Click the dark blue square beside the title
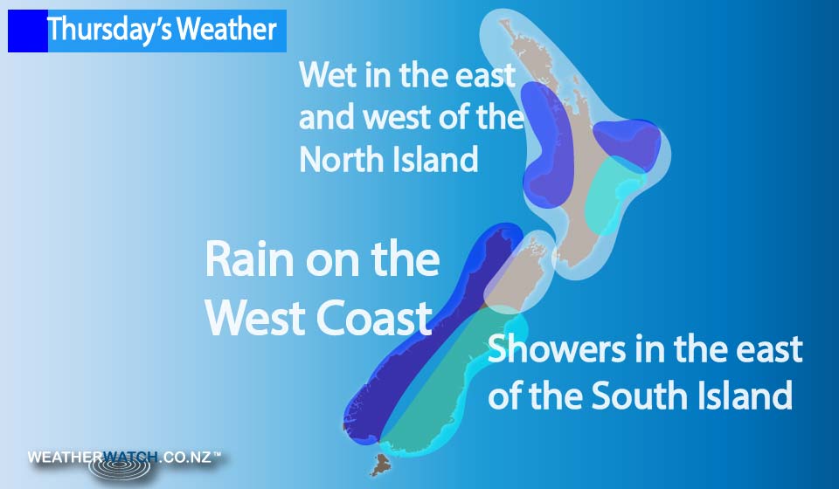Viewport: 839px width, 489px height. click(x=28, y=31)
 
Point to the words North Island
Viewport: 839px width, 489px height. click(x=388, y=159)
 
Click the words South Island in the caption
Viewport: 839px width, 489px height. click(x=692, y=396)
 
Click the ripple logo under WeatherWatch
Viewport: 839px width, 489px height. click(x=120, y=467)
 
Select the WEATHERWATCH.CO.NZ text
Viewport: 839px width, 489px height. click(x=124, y=458)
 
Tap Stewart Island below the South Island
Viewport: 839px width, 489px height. click(x=381, y=465)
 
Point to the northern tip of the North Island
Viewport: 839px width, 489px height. click(x=503, y=22)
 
